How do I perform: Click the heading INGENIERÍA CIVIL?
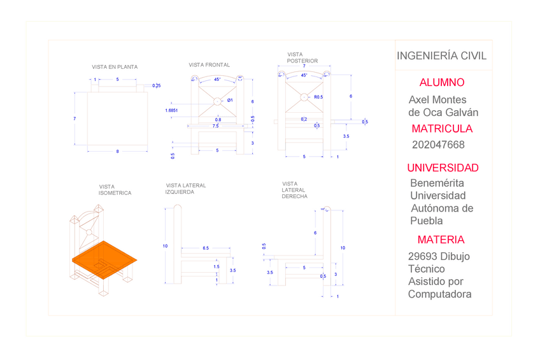click(x=441, y=56)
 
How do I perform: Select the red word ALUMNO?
click(x=442, y=83)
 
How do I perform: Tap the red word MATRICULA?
click(x=442, y=129)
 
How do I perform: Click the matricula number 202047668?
click(x=438, y=145)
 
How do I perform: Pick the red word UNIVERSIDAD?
click(x=443, y=168)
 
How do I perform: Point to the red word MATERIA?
click(x=441, y=240)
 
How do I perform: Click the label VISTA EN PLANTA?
click(x=115, y=67)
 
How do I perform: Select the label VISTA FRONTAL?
click(x=210, y=65)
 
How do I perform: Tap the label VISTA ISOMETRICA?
click(x=115, y=190)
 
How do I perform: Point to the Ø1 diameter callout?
click(x=230, y=100)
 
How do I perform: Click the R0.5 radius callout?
click(x=318, y=97)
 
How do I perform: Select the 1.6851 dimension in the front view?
click(x=171, y=110)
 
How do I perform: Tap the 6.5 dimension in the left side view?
click(x=206, y=247)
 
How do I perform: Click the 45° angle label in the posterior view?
click(x=304, y=75)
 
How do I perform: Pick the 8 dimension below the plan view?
click(x=117, y=151)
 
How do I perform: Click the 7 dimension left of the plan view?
click(x=75, y=119)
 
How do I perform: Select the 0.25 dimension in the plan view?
click(x=156, y=85)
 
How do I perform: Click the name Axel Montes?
click(x=437, y=100)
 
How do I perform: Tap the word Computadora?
click(x=439, y=294)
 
